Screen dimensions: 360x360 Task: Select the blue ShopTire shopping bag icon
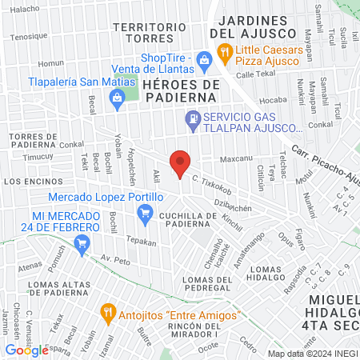(x=204, y=58)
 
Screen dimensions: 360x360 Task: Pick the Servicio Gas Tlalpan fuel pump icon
(x=192, y=122)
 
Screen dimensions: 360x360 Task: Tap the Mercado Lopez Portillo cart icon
(x=145, y=213)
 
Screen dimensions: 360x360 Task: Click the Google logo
(x=26, y=350)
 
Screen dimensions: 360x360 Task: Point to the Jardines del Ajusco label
(x=253, y=26)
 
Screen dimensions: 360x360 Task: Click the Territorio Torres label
(x=144, y=33)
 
